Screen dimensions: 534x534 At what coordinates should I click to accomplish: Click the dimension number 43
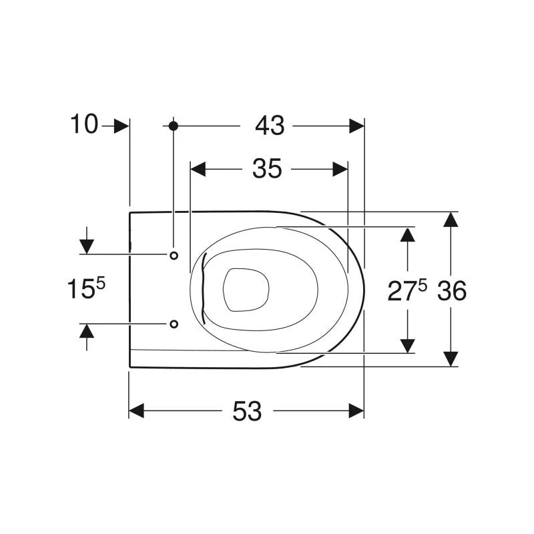tap(270, 125)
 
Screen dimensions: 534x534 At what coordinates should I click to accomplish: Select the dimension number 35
tap(267, 169)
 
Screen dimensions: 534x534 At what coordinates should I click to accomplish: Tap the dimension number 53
tap(247, 411)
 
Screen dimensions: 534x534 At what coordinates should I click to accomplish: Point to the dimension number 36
tap(452, 290)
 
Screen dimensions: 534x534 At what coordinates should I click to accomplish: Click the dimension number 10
tap(84, 124)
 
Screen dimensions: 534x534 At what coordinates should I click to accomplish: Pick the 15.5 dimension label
tap(86, 288)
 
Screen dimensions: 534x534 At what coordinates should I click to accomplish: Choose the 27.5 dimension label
tap(407, 290)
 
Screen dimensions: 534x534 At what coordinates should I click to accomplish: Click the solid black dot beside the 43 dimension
tap(174, 126)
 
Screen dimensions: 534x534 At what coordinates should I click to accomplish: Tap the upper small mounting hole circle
tap(174, 256)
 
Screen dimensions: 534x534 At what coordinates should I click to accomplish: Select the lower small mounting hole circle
tap(174, 324)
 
